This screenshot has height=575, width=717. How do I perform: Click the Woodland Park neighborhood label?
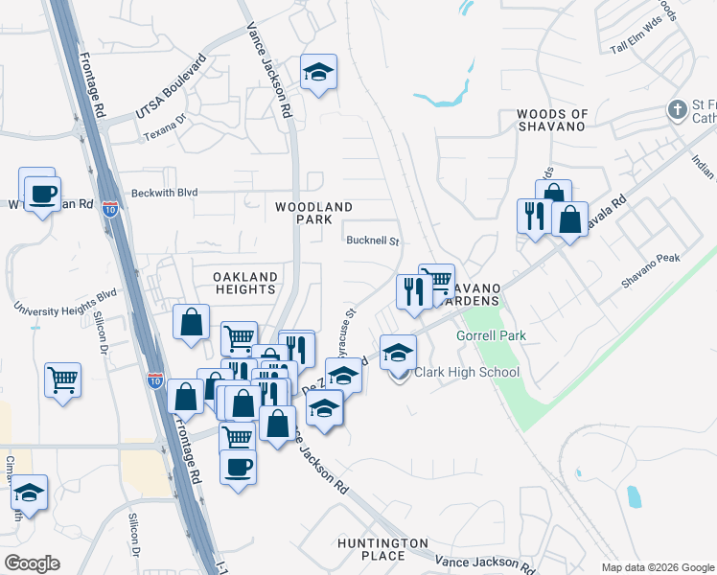pos(313,213)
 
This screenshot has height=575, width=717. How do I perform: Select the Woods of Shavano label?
pos(551,121)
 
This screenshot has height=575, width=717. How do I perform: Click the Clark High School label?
pos(467,372)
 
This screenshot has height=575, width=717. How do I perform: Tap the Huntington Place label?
pos(382,549)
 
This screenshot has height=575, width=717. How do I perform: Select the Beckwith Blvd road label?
pos(165,193)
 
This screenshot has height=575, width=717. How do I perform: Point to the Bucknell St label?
pos(372,241)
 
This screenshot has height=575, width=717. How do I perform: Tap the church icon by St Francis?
pos(678,109)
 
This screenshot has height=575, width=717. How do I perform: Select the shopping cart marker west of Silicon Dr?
pos(63,379)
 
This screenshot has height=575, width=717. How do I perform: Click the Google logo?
pos(32,563)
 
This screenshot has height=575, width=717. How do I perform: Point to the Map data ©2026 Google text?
pos(657,567)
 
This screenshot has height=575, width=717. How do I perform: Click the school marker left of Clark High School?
pos(398,352)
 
